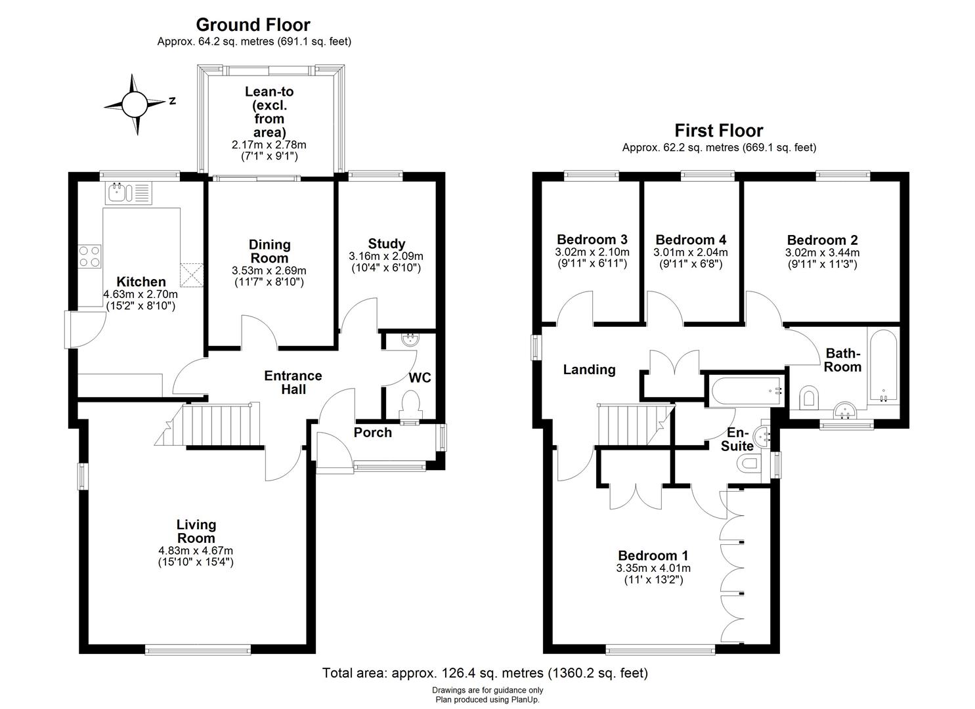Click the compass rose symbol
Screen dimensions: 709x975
[x=135, y=104]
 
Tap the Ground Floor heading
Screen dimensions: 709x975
[x=253, y=25]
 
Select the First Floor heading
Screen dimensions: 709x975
[x=719, y=131]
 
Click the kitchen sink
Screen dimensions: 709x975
[x=127, y=193]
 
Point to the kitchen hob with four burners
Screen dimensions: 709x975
[x=91, y=256]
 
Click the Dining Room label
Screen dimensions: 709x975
[x=269, y=251]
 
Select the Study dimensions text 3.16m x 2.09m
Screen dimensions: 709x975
[x=386, y=256]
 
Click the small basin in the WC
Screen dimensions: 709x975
[x=410, y=339]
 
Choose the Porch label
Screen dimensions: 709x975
[x=372, y=433]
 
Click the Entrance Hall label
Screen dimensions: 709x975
[x=293, y=382]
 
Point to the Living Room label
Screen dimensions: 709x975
[x=196, y=531]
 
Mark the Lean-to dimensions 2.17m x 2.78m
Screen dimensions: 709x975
[x=269, y=144]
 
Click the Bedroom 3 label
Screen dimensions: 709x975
[x=592, y=240]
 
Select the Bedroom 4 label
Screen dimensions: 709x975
[x=691, y=240]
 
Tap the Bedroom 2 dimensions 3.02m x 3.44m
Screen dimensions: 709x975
[x=822, y=252]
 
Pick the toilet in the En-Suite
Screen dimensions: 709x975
[x=748, y=465]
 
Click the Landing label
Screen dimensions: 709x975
[x=589, y=370]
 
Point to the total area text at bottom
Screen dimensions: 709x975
[x=485, y=673]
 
